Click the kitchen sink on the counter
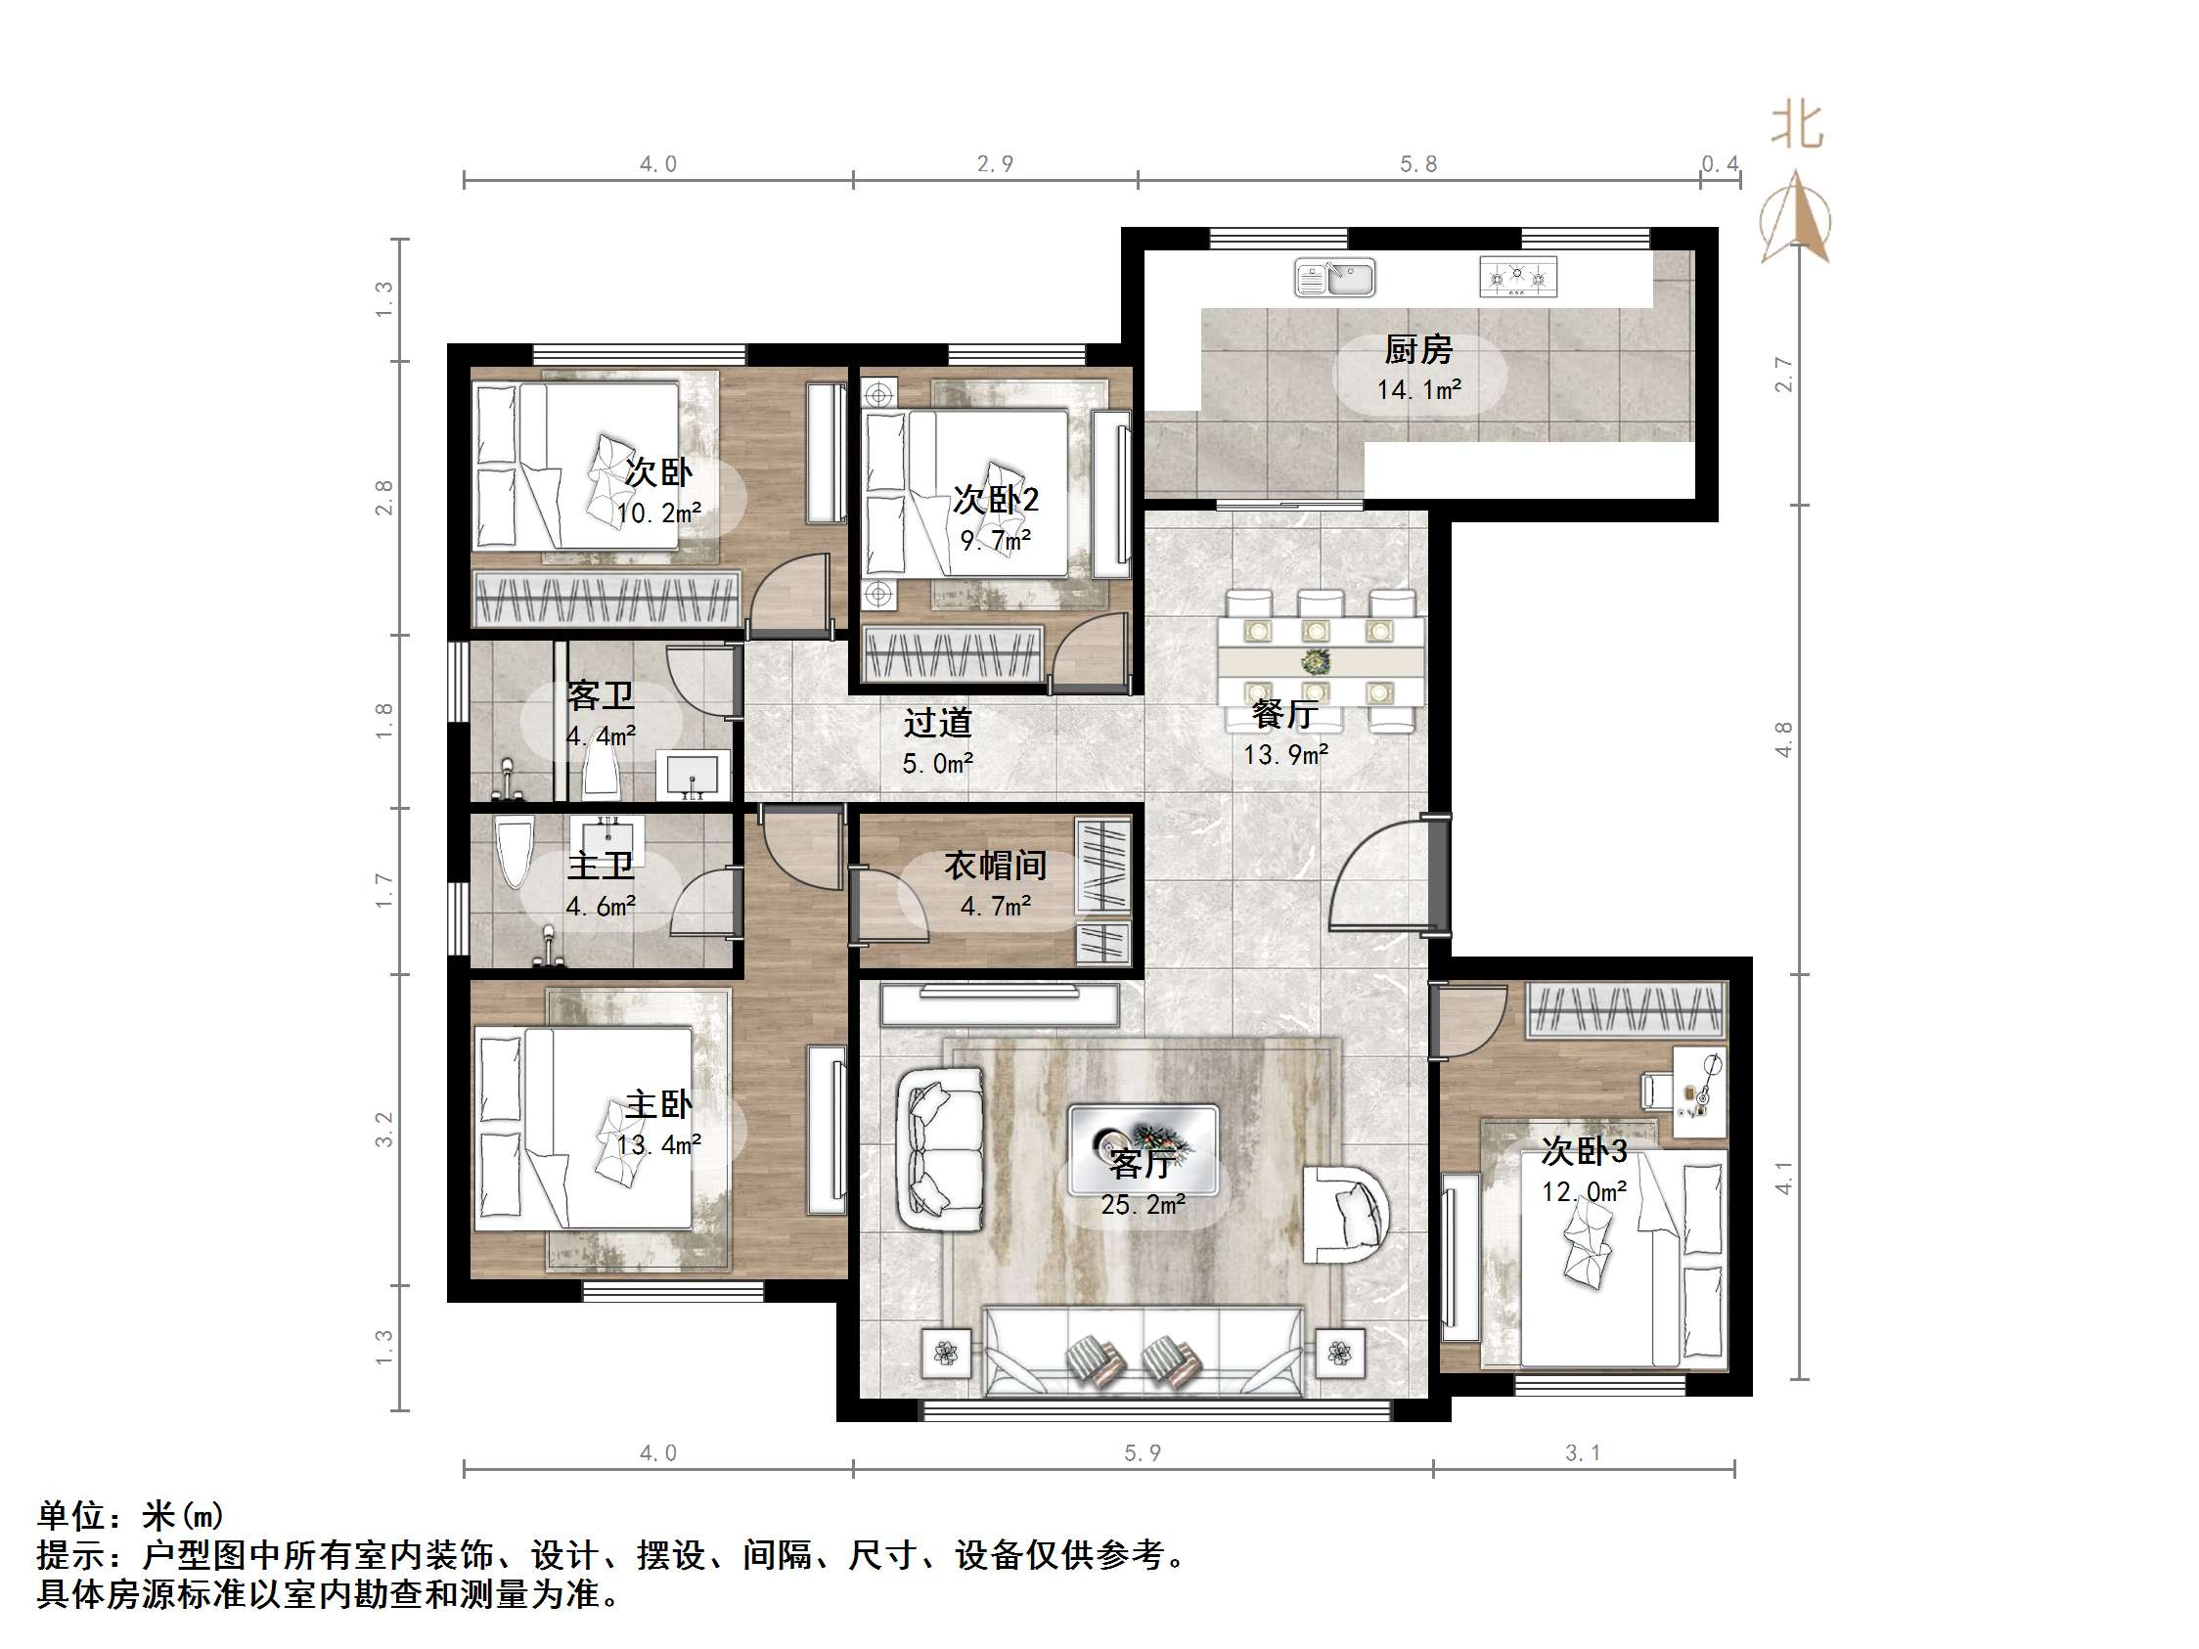[1335, 278]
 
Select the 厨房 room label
[1417, 350]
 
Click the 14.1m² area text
[1418, 390]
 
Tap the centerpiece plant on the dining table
[1318, 661]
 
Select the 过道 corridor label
[936, 723]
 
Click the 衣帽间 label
[995, 866]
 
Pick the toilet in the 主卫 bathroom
[515, 852]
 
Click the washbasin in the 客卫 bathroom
[693, 775]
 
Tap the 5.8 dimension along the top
[1417, 164]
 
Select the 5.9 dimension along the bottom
[1143, 1453]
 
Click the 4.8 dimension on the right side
[1784, 739]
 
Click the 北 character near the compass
[1797, 126]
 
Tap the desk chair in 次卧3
[1655, 1091]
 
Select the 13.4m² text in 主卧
[658, 1145]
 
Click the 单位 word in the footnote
[70, 1516]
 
